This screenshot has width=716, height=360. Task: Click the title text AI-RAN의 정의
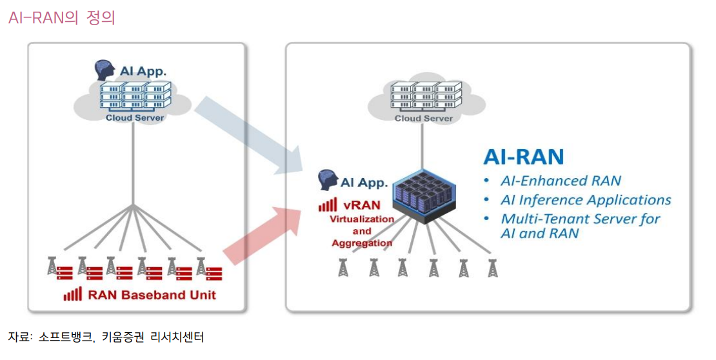coord(61,17)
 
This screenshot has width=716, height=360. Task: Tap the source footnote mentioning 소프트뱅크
coord(106,337)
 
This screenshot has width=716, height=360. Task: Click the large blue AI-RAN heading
coord(524,156)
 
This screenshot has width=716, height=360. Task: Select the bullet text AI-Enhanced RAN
coord(561,181)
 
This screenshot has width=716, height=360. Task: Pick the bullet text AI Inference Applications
coord(586,200)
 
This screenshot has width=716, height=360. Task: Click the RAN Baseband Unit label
coord(152,295)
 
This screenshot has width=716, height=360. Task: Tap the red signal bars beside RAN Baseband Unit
coord(73,295)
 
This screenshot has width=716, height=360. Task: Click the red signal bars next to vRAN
coord(328,205)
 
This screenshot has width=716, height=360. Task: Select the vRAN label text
coord(359,206)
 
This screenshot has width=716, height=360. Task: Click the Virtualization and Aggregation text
coord(362,231)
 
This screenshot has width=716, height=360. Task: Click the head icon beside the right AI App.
coord(328,181)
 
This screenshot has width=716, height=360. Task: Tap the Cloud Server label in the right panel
coord(424,118)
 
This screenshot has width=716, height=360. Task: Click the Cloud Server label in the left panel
coord(135,117)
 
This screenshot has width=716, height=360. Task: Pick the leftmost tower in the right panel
coord(343,267)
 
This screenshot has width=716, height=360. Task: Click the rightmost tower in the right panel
coord(493,267)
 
